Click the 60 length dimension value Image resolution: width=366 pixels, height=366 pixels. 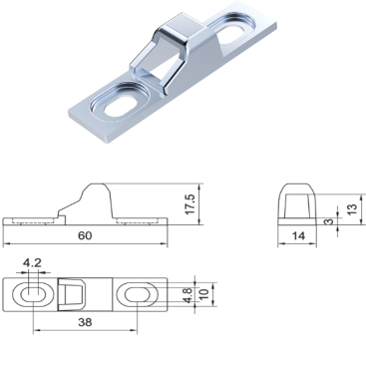tap(85, 235)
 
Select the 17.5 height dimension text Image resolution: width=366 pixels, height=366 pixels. tap(190, 203)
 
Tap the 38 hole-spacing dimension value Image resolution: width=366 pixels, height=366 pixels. tap(85, 322)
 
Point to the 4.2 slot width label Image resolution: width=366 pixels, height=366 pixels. tap(32, 263)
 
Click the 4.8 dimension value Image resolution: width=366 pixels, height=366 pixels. tap(188, 295)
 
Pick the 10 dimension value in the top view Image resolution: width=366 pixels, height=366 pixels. tap(203, 294)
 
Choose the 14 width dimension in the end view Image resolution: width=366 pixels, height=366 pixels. tap(298, 235)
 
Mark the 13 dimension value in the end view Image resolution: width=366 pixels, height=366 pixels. tap(353, 208)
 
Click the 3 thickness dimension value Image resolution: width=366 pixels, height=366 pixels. tap(329, 221)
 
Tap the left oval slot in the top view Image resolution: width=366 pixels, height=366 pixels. tap(33, 294)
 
